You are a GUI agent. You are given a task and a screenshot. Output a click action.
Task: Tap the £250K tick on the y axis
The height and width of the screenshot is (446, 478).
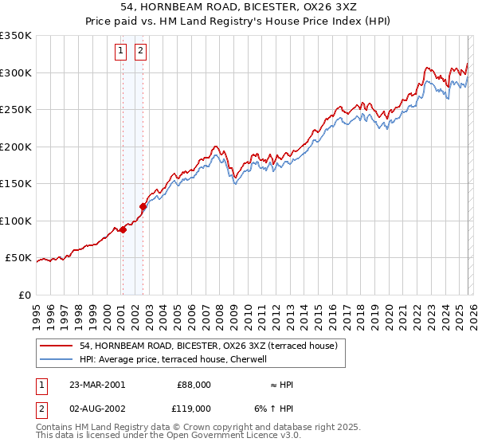(16, 110)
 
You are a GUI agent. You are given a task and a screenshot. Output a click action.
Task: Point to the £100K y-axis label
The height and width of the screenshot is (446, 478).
(16, 221)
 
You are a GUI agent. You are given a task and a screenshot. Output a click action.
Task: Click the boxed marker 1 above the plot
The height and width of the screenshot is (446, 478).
(121, 52)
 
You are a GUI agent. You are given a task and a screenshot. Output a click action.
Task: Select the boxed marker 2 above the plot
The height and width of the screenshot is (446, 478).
(140, 52)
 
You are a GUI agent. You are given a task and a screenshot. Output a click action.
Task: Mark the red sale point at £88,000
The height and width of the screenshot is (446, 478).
(123, 230)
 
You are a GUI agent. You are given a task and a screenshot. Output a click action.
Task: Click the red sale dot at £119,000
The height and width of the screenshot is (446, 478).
(143, 207)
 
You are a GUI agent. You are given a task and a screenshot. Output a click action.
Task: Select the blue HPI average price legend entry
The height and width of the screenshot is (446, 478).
(177, 359)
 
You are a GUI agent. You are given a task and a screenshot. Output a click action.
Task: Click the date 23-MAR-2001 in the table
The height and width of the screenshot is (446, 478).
(97, 385)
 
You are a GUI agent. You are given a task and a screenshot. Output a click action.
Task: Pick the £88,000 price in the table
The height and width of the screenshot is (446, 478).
(194, 385)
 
